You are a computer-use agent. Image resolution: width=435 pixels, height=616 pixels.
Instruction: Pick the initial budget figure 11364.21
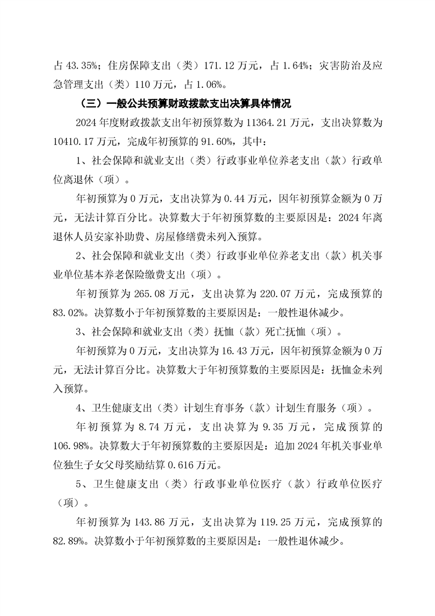pyautogui.click(x=274, y=122)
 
